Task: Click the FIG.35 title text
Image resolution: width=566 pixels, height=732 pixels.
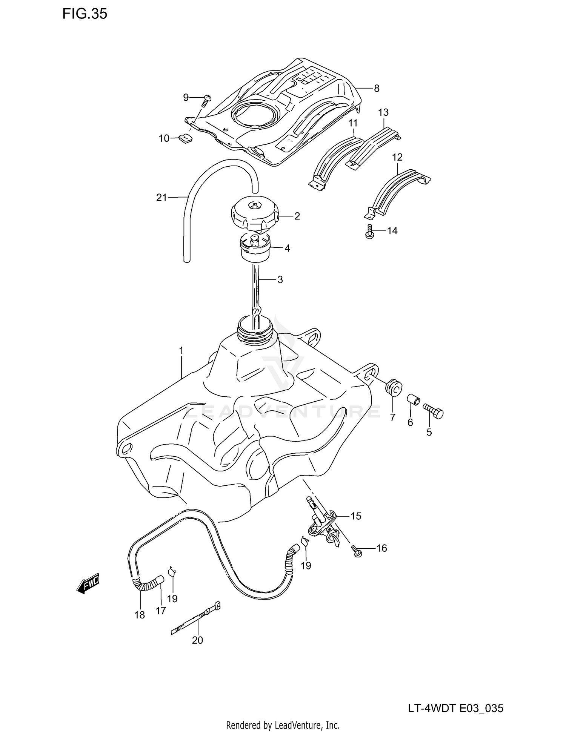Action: click(85, 14)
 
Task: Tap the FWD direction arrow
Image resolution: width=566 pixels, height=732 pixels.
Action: click(88, 584)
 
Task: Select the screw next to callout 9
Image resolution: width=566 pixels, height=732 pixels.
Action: click(206, 100)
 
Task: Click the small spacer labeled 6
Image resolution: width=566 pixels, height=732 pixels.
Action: click(413, 400)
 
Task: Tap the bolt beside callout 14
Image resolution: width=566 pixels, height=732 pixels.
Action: click(370, 232)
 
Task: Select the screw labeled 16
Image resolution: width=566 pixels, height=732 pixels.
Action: click(356, 551)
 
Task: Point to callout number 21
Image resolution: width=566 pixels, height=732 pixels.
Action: click(161, 197)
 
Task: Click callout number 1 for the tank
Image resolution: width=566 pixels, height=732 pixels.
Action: click(181, 351)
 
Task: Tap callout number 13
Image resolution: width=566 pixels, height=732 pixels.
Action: click(383, 112)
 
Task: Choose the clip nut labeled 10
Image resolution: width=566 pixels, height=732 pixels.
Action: click(185, 139)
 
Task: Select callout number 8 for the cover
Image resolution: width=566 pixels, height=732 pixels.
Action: click(376, 88)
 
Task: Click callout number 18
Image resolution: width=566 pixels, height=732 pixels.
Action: click(139, 615)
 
